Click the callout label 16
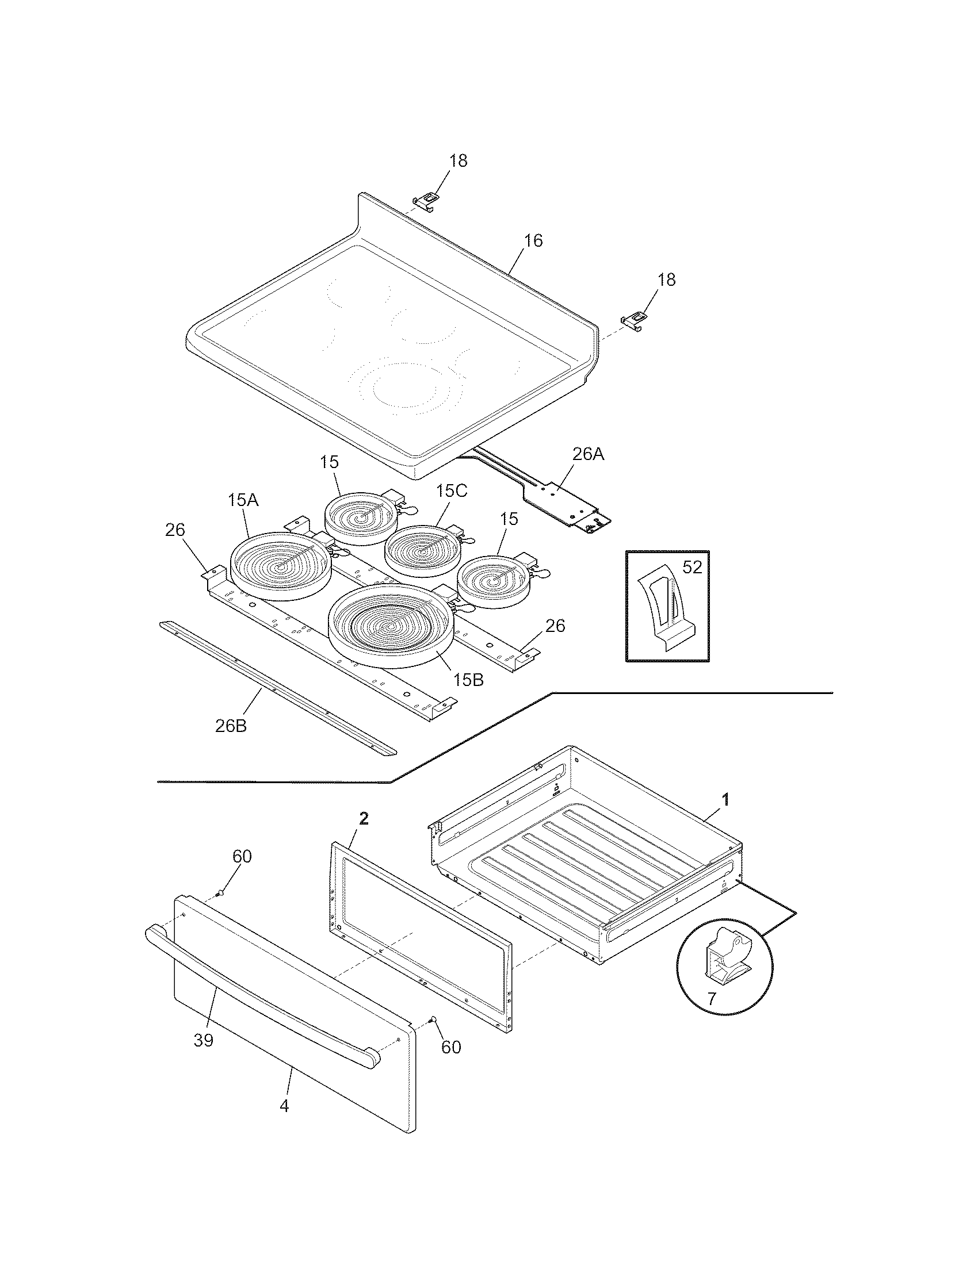point(533,241)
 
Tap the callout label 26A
point(587,454)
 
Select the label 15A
point(243,500)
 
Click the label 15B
point(468,680)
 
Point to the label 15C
point(452,490)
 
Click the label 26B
point(231,726)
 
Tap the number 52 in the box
point(692,567)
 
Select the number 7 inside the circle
point(712,999)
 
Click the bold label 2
point(364,818)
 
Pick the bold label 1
point(725,800)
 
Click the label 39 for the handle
point(203,1041)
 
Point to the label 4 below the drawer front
point(284,1106)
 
